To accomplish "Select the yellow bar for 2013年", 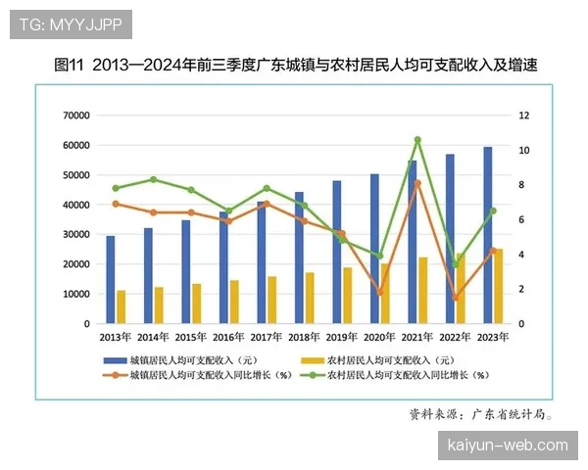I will point(122,306).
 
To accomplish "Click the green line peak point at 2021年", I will point(416,140).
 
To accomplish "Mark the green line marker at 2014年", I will point(153,179).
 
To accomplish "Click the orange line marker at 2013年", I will point(116,204).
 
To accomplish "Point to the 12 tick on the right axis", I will point(524,116).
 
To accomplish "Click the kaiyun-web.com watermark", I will point(507,446).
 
